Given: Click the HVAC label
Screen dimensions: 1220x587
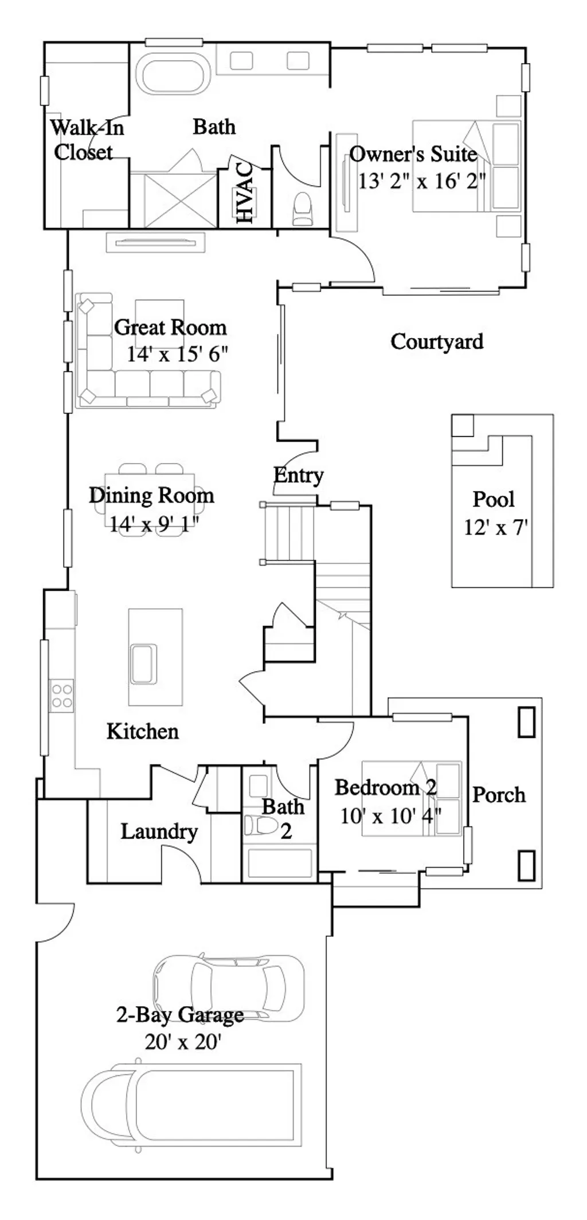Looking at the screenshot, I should pyautogui.click(x=244, y=193).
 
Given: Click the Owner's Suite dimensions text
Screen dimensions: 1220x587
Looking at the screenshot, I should pyautogui.click(x=421, y=181).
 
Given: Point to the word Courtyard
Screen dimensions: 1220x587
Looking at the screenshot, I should pyautogui.click(x=437, y=342).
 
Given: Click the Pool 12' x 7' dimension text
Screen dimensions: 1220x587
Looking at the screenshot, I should pyautogui.click(x=495, y=527).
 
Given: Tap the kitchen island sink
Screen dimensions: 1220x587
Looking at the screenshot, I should pyautogui.click(x=143, y=664).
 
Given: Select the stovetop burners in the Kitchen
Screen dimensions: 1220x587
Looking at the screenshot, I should pyautogui.click(x=61, y=696).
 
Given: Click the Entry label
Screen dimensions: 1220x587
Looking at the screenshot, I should pyautogui.click(x=298, y=475).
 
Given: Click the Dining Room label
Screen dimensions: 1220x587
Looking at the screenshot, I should pyautogui.click(x=151, y=496).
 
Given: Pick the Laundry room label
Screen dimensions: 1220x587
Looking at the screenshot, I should pyautogui.click(x=159, y=831).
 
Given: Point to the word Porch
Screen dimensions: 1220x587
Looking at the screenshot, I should pyautogui.click(x=499, y=795).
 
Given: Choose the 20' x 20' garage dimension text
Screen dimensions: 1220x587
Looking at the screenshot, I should pyautogui.click(x=183, y=1041).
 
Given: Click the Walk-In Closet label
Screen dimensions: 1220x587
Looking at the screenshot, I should pyautogui.click(x=86, y=140).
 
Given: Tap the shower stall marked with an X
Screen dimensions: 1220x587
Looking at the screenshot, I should pyautogui.click(x=173, y=199).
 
